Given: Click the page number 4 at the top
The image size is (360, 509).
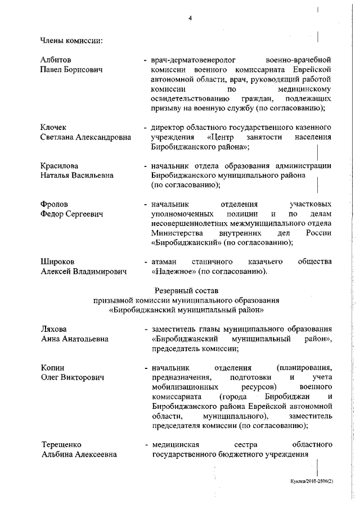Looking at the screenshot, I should (x=190, y=18).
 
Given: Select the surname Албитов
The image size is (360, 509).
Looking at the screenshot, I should (x=56, y=59).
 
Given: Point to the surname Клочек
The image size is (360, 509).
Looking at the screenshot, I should (x=55, y=127).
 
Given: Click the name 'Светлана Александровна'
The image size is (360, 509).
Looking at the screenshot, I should (x=85, y=137).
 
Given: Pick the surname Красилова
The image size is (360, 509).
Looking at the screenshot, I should (x=59, y=166).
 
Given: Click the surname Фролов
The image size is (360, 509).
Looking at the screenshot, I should (x=54, y=204).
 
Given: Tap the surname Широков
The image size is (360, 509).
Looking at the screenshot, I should (x=57, y=262).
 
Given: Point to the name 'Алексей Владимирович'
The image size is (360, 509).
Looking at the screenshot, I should (x=83, y=272).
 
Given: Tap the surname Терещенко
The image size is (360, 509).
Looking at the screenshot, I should (x=61, y=445).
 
